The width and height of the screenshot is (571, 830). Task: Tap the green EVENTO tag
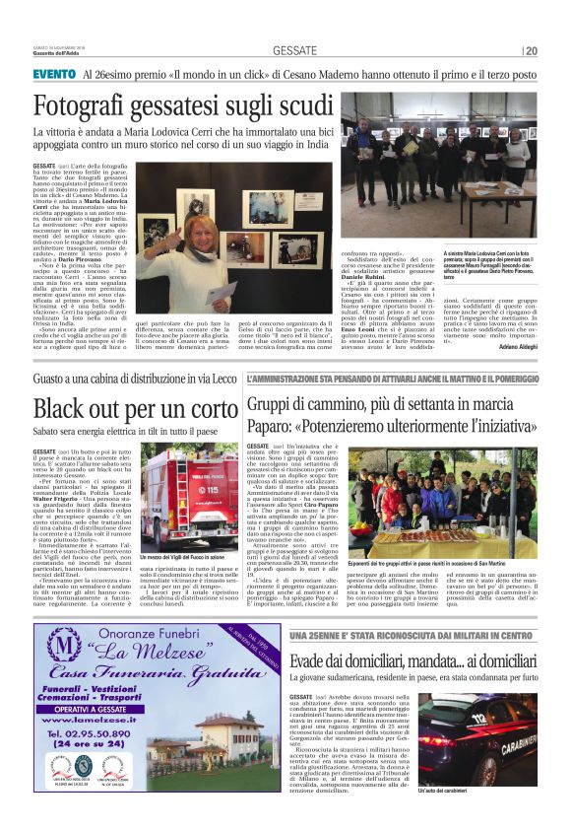(53, 74)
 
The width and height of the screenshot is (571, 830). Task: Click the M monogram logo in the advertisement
(61, 646)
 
